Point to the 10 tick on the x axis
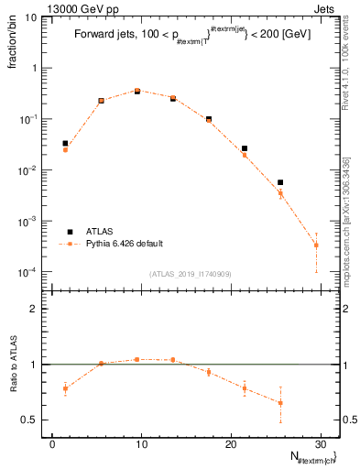[x=141, y=443]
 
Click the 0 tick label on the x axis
[x=53, y=443]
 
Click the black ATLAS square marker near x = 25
[x=280, y=182]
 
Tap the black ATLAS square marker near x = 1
[x=65, y=143]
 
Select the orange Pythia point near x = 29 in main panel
[x=316, y=245]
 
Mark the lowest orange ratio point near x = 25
[x=280, y=403]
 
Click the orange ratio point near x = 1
[x=65, y=388]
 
